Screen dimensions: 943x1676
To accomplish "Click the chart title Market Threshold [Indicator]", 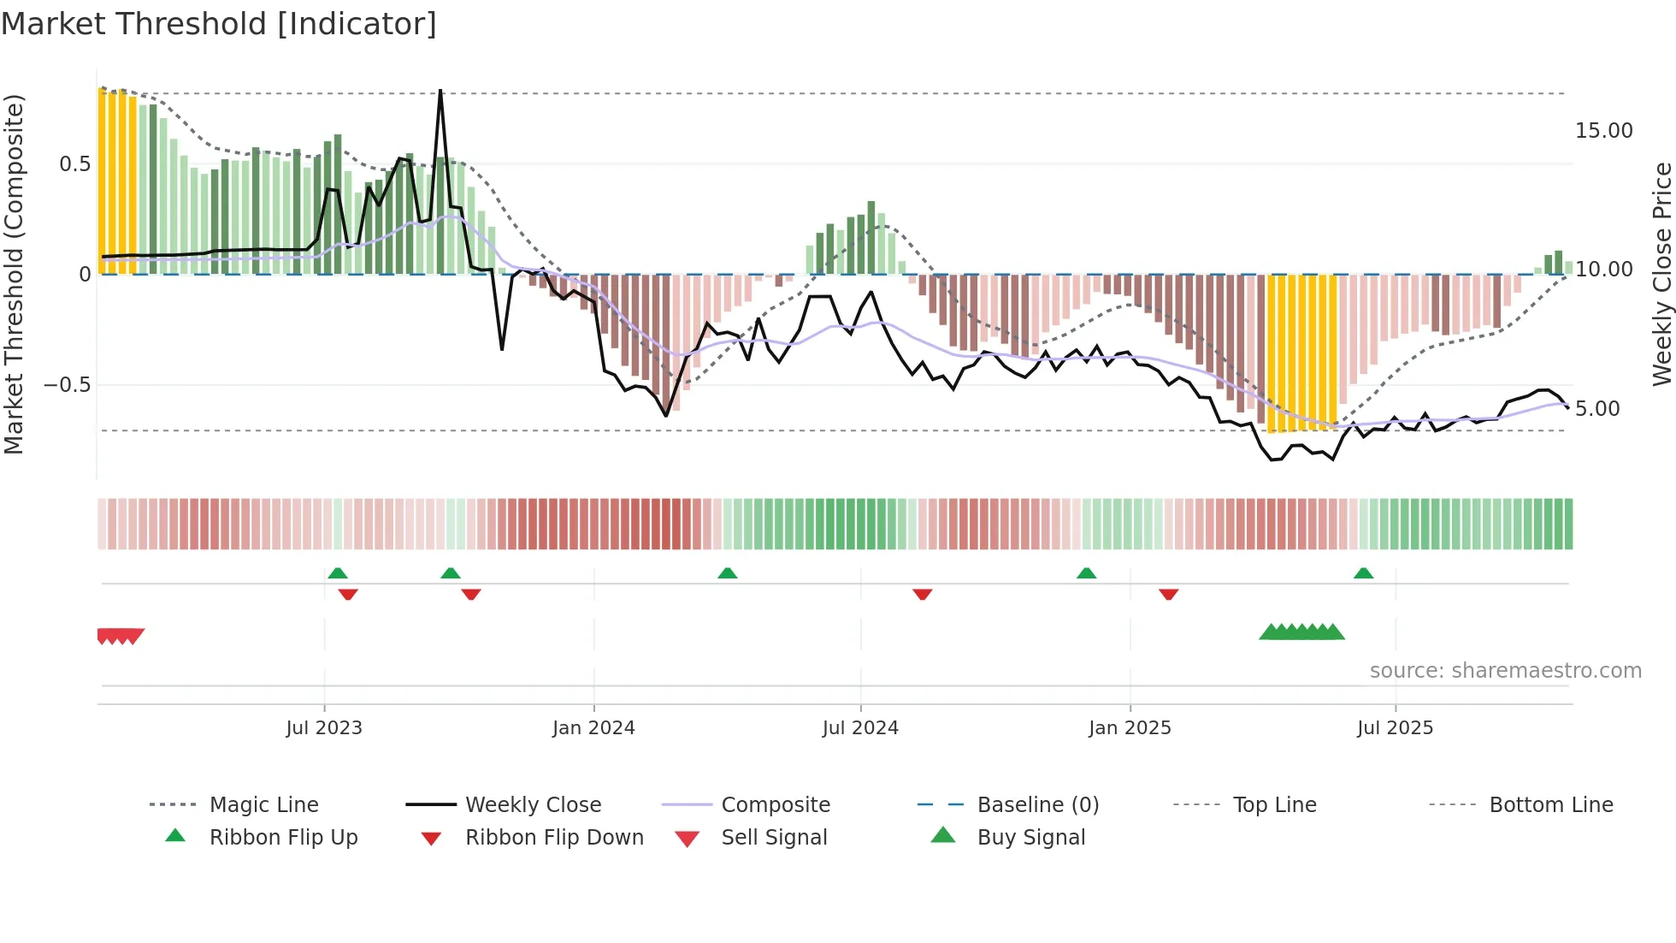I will [x=219, y=24].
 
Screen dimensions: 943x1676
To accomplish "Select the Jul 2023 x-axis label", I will [x=324, y=728].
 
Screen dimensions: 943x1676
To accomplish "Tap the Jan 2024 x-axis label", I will [x=593, y=728].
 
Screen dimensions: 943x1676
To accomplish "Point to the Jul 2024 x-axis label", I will [x=860, y=728].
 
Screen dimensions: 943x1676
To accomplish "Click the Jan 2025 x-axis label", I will [x=1130, y=728].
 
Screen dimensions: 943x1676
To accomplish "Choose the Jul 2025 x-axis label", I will [x=1395, y=728].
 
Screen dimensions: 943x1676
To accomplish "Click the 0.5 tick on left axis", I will [x=74, y=164].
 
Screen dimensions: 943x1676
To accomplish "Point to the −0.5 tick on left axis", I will [x=67, y=385].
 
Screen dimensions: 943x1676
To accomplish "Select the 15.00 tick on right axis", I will [x=1603, y=131].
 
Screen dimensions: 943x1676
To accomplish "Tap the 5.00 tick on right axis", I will [x=1597, y=409].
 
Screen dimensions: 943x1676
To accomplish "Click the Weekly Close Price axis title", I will [x=1661, y=274].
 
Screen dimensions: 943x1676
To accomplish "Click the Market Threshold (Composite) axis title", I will [x=14, y=274].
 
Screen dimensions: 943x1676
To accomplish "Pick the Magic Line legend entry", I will [x=263, y=805].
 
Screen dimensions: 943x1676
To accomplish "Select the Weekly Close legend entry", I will [x=533, y=805].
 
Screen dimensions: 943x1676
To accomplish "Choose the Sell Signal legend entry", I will [x=774, y=838].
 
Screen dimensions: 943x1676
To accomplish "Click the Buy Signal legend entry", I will [x=1030, y=838].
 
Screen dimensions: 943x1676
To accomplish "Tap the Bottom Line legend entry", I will [x=1550, y=805].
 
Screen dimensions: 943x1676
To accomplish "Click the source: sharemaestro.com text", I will [x=1505, y=671].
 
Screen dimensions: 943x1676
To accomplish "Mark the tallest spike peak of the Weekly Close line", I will [x=440, y=91].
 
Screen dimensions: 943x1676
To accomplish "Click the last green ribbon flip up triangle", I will [x=1363, y=573].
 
